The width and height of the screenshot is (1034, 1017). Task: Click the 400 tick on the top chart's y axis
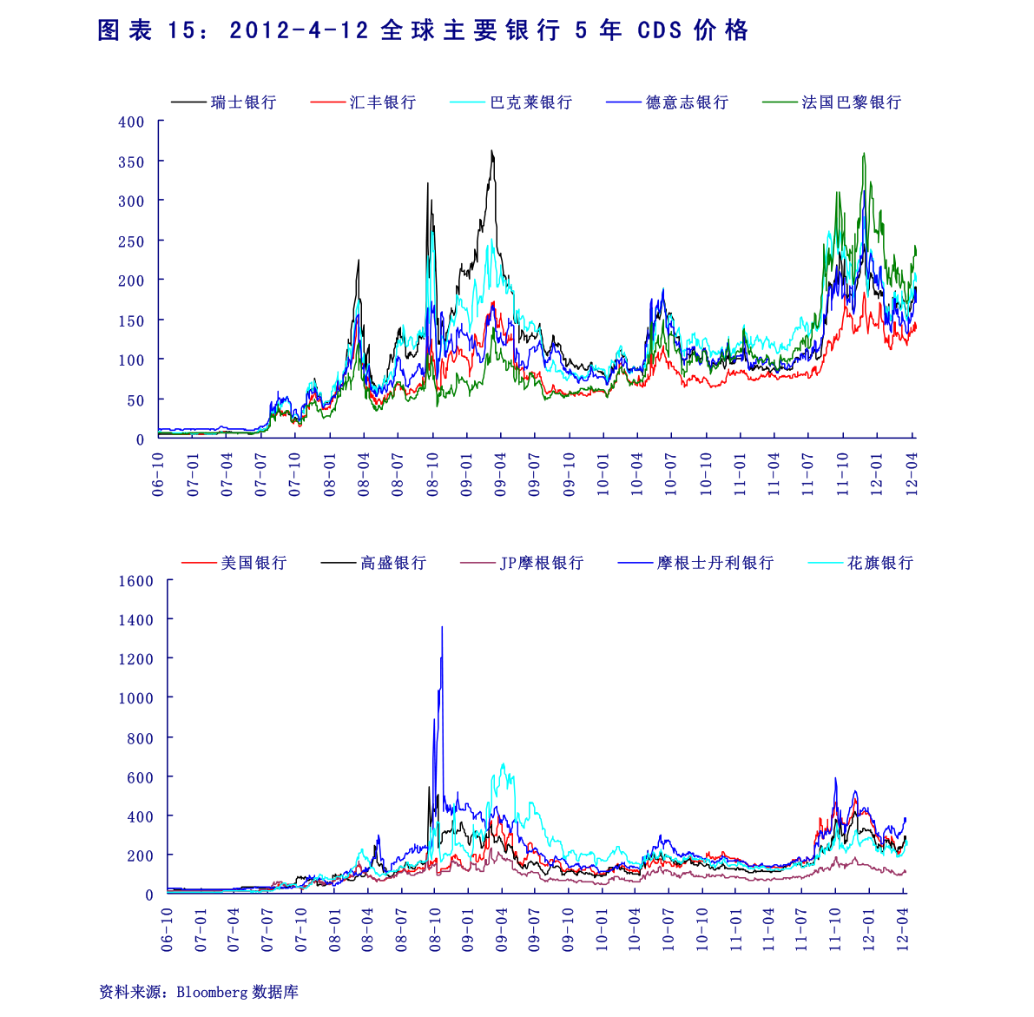131,122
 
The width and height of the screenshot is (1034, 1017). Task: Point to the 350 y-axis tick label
131,162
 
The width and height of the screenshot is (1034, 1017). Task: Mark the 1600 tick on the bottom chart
135,581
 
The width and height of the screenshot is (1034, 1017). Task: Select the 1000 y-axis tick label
135,698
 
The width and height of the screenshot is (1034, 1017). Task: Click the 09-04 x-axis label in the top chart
500,474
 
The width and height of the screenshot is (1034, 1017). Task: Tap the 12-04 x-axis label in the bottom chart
903,930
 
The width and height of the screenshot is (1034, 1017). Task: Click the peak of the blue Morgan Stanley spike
442,627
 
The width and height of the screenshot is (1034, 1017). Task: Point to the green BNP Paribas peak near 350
863,155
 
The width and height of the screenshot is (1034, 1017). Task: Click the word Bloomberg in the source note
212,992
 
